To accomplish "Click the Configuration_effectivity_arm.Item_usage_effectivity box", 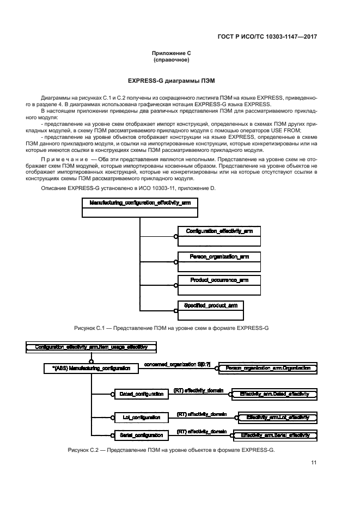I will click(91, 346).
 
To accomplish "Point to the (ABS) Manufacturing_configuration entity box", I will click(91, 369).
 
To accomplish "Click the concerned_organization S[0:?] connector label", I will click(178, 364).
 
